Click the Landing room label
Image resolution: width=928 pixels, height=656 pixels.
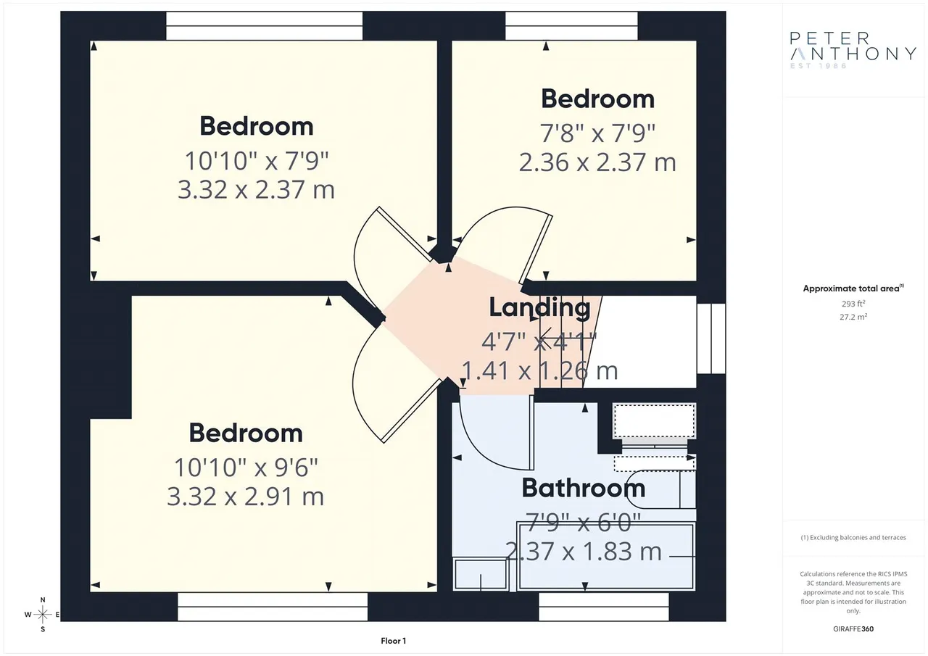pyautogui.click(x=540, y=308)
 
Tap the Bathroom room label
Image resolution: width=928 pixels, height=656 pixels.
pyautogui.click(x=584, y=488)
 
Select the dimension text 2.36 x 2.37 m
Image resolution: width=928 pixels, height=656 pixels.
pyautogui.click(x=597, y=162)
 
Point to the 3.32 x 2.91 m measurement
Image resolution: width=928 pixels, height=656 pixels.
pyautogui.click(x=245, y=497)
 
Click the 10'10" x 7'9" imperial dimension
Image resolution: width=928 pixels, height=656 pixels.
pyautogui.click(x=257, y=161)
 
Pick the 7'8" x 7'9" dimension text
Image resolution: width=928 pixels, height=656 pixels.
pyautogui.click(x=597, y=133)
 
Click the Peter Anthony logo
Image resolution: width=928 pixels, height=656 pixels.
pyautogui.click(x=853, y=51)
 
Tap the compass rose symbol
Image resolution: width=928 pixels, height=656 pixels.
pyautogui.click(x=42, y=615)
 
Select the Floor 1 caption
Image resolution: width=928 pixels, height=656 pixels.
pyautogui.click(x=393, y=641)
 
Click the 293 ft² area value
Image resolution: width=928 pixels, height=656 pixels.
pyautogui.click(x=853, y=304)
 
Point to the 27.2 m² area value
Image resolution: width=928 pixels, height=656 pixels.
pyautogui.click(x=853, y=317)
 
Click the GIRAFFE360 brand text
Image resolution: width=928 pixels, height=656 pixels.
pyautogui.click(x=853, y=629)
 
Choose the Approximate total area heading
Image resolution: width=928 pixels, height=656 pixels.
pyautogui.click(x=853, y=288)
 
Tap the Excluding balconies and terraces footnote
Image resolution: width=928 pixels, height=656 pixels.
pyautogui.click(x=853, y=538)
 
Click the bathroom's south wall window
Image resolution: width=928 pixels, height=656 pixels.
pyautogui.click(x=604, y=607)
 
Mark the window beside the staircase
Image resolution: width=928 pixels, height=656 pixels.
pyautogui.click(x=711, y=339)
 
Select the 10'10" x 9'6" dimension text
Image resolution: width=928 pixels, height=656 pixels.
pyautogui.click(x=246, y=468)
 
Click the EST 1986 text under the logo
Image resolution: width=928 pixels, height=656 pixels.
pyautogui.click(x=819, y=66)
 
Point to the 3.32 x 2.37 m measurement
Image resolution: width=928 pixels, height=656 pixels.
pyautogui.click(x=256, y=190)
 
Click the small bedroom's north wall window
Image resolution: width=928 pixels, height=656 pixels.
pyautogui.click(x=571, y=25)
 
